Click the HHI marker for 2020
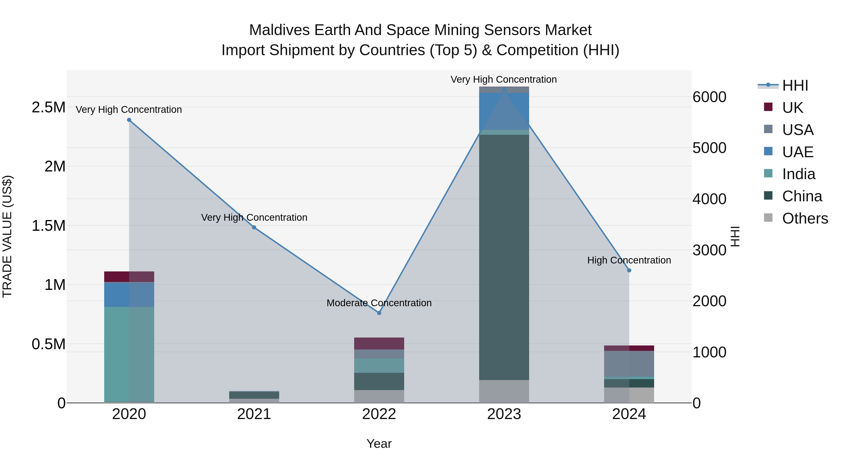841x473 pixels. tap(129, 120)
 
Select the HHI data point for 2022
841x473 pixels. tap(379, 313)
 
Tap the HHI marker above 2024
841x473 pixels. tap(629, 270)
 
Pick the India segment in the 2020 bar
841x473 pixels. tap(129, 354)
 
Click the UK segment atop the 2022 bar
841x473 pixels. tap(379, 343)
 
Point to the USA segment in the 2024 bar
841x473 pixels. tap(629, 364)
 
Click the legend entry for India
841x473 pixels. tap(798, 174)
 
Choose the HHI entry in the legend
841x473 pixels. tap(795, 85)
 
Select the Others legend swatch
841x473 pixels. tap(768, 218)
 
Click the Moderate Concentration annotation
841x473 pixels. tap(379, 303)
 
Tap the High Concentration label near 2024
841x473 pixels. tap(629, 260)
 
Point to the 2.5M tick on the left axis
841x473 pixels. tap(49, 107)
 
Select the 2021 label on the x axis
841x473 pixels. tap(254, 414)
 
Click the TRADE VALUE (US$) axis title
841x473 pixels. tap(7, 236)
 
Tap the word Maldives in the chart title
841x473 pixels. tap(279, 30)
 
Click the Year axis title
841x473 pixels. tap(379, 444)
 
